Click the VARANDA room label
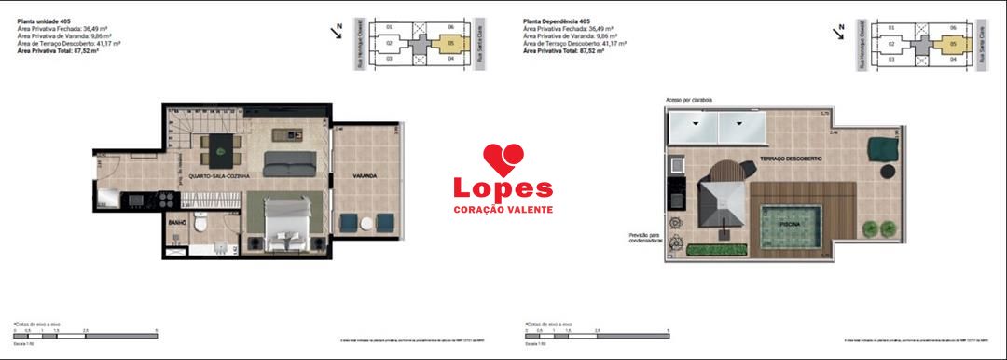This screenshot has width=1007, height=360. point(365,175)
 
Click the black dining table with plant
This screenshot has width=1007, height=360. point(222,144)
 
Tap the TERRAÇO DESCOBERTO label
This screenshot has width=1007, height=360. point(791,159)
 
